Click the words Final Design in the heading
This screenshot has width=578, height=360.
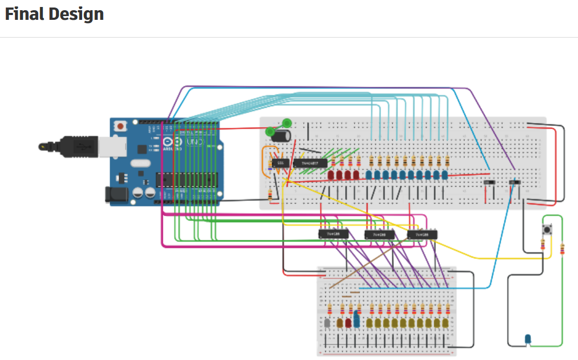(x=54, y=14)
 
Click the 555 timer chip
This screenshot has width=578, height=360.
(x=279, y=163)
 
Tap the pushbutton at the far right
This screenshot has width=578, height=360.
(x=548, y=230)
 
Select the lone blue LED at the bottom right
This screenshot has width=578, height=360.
(x=528, y=339)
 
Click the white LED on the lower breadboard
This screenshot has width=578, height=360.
(x=328, y=323)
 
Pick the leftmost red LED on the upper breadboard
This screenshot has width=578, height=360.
(x=331, y=175)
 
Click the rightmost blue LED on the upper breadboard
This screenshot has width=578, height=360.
(x=444, y=175)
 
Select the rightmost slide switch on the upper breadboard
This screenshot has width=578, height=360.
(x=515, y=182)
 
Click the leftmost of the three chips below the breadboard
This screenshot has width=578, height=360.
(x=333, y=234)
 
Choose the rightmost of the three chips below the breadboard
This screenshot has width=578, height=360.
(x=422, y=234)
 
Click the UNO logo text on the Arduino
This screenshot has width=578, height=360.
(x=191, y=142)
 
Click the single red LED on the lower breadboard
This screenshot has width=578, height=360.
(x=348, y=323)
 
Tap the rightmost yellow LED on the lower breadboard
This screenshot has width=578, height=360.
(x=445, y=323)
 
